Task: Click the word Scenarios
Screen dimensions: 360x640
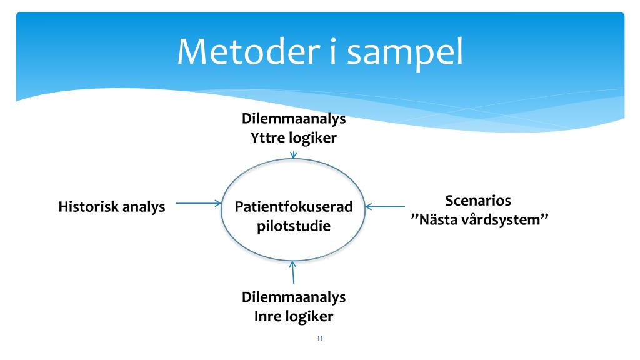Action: tap(478, 201)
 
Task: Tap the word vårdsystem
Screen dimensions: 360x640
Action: tap(505, 221)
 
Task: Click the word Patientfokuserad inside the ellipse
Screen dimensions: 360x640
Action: tap(294, 206)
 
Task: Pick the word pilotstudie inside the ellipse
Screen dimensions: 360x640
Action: tap(294, 226)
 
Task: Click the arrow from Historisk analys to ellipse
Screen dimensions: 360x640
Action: tap(198, 203)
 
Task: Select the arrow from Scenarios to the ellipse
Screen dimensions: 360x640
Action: tap(386, 206)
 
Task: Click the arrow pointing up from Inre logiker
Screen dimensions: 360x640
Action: tap(293, 273)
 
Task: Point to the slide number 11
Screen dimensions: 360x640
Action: tap(320, 339)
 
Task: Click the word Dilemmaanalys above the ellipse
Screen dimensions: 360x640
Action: tap(294, 118)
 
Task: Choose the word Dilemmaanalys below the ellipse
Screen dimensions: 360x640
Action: tap(294, 297)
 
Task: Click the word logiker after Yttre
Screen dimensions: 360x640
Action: tap(314, 137)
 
